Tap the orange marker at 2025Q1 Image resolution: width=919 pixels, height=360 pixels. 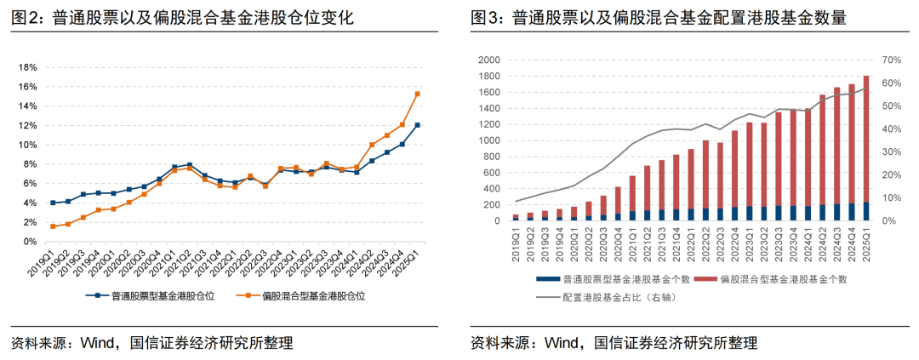(417, 94)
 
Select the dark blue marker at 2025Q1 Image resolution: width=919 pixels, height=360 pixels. (417, 125)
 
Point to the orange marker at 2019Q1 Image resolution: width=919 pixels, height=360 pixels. (53, 226)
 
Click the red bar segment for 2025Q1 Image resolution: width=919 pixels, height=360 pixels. (865, 136)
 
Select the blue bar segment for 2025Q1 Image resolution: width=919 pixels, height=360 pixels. (865, 211)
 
